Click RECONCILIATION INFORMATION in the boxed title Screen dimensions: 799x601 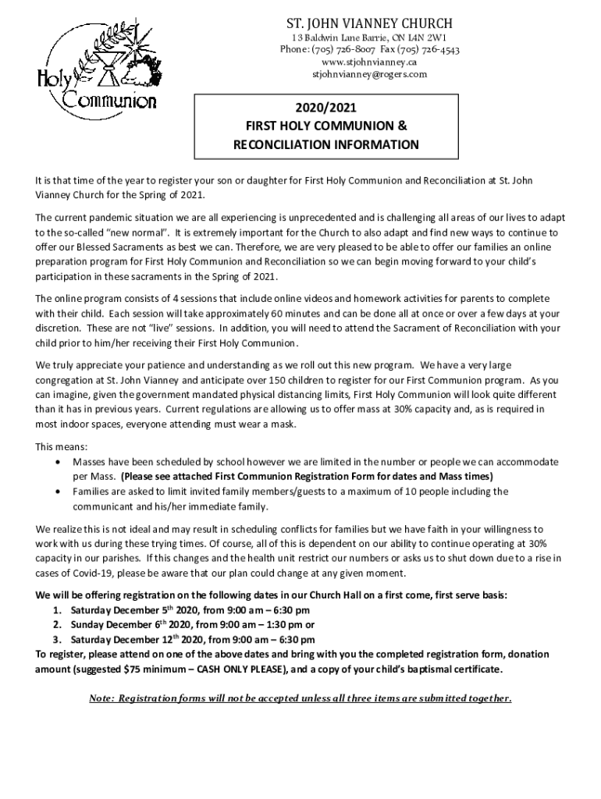(x=326, y=145)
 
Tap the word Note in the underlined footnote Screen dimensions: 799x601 (x=103, y=698)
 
